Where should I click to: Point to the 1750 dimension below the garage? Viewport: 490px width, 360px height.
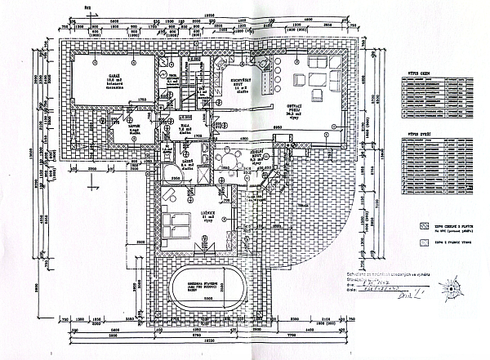tap(140, 100)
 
